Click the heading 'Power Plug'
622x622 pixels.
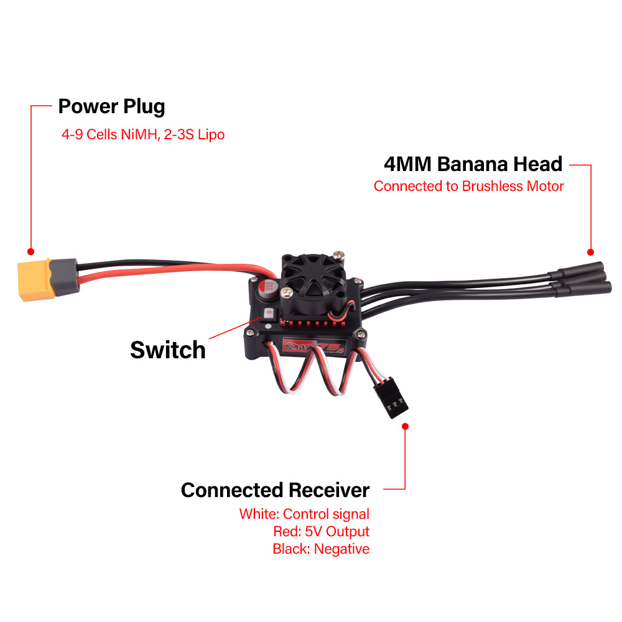coord(111,106)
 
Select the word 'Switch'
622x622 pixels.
coord(167,350)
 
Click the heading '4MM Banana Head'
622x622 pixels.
coord(473,164)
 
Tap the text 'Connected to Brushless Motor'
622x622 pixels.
coord(468,186)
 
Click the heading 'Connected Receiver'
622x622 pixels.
coord(275,490)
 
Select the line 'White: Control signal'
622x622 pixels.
coord(304,514)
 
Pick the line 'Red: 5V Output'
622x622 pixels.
coord(321,531)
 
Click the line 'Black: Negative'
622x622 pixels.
coord(321,549)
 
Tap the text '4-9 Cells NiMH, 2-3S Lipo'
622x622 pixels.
coord(143,134)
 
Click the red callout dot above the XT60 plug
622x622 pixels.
coord(30,251)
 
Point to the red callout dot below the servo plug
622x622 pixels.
coord(406,427)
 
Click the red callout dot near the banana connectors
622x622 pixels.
coord(590,251)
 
